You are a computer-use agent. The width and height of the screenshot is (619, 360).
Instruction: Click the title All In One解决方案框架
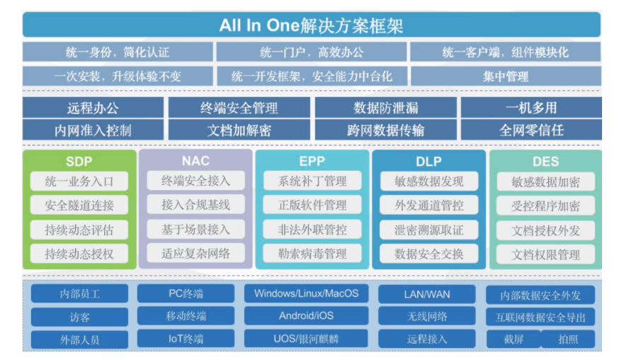(311, 26)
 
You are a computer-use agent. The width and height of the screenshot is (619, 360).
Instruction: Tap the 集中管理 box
(505, 76)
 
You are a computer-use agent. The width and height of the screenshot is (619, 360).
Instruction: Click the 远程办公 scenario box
(93, 108)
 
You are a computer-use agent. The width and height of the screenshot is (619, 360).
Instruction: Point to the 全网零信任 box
(531, 130)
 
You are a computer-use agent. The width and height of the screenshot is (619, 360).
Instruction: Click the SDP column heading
(79, 162)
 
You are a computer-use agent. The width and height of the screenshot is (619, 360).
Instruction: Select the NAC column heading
(195, 161)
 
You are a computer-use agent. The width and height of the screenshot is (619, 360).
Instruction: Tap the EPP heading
(312, 162)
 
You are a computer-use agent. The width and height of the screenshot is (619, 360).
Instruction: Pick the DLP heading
(428, 162)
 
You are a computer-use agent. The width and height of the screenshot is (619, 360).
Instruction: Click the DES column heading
(545, 162)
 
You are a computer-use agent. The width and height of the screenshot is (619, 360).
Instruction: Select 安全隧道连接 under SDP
(79, 206)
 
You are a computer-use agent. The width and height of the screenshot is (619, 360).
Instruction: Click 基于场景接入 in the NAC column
(195, 229)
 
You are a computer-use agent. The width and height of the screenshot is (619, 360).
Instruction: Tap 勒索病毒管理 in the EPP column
(312, 253)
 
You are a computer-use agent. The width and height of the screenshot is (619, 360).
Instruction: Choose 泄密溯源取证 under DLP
(429, 230)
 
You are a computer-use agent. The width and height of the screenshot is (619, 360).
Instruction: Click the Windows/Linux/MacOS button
(306, 293)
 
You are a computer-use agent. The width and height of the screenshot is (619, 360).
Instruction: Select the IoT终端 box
(186, 339)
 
